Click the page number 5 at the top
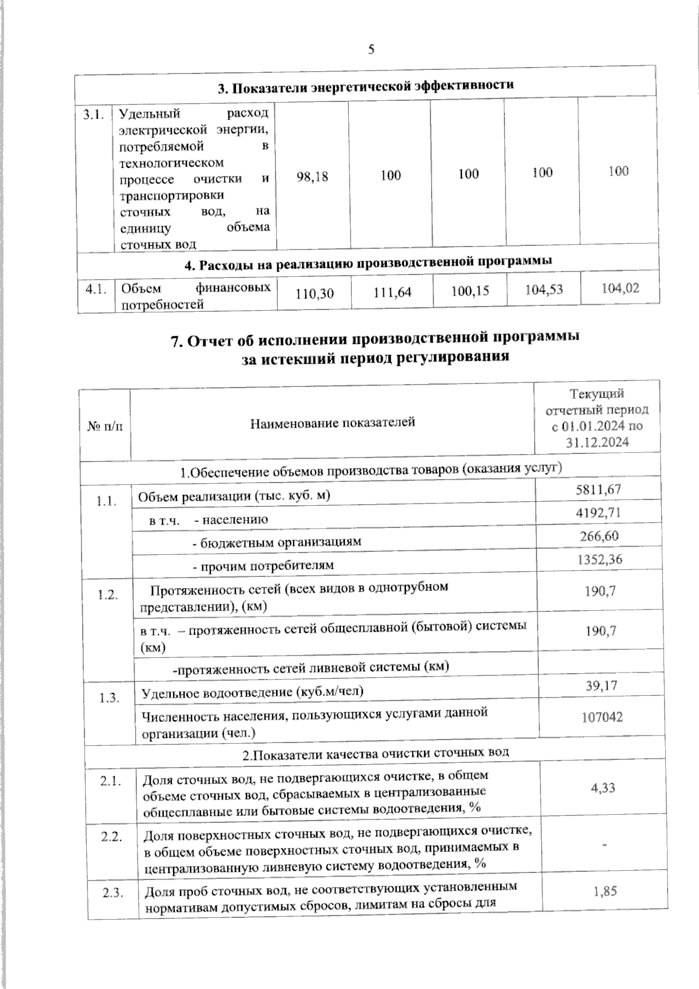point(371,50)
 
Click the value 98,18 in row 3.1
point(312,176)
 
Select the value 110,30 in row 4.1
point(315,293)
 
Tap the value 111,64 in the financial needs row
point(392,292)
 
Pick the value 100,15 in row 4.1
point(470,290)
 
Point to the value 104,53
point(544,289)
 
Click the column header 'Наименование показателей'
point(332,422)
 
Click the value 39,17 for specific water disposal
point(601,687)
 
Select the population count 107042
point(602,717)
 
